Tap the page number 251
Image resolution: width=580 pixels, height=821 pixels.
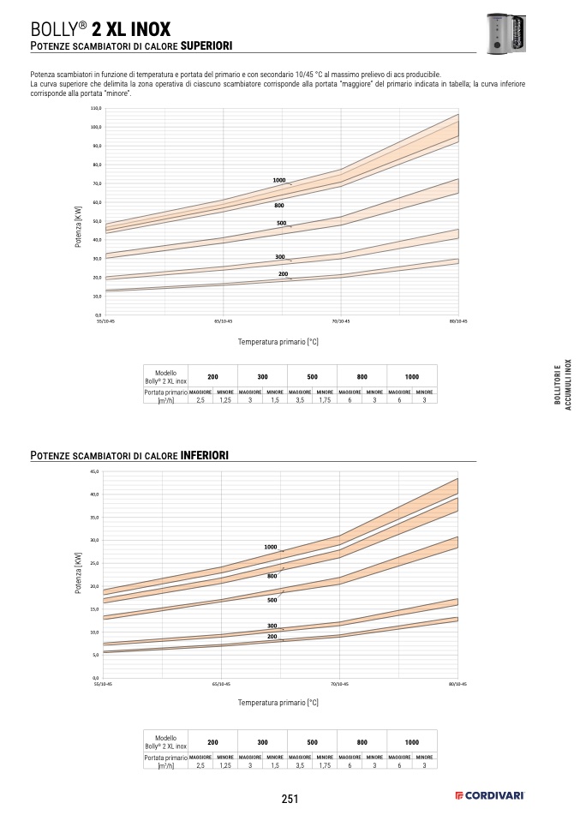point(290,799)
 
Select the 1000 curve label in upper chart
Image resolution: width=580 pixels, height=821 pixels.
point(279,180)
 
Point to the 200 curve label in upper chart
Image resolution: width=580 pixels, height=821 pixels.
point(283,273)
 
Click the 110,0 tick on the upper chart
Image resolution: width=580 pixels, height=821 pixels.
point(96,109)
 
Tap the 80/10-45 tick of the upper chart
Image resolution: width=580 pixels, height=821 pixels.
point(458,321)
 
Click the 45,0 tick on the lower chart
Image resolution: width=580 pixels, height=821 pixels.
point(95,472)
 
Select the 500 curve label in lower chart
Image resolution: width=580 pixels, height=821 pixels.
point(272,600)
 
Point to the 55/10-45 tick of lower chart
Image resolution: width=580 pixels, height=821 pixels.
point(103,684)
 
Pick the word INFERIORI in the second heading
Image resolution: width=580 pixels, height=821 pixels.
point(204,454)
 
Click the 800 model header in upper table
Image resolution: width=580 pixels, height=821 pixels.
point(362,376)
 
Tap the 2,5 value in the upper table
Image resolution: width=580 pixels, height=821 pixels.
point(200,400)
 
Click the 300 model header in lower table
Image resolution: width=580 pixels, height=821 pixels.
point(262,741)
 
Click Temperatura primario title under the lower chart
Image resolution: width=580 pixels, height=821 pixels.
point(278,702)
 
